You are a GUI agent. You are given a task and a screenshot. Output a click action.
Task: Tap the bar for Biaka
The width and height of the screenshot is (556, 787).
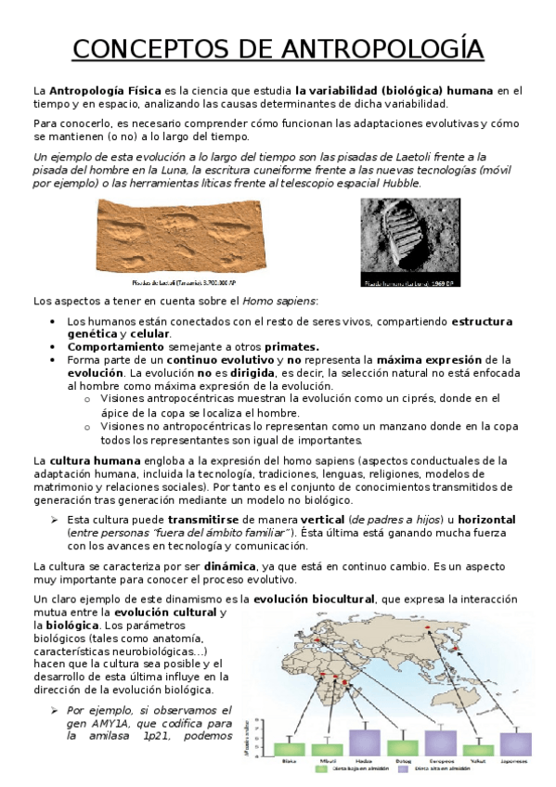[289, 748]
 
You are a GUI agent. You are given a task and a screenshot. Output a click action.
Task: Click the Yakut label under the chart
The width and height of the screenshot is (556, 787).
[478, 762]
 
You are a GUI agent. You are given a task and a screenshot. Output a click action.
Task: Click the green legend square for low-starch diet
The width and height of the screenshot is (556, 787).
[322, 769]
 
